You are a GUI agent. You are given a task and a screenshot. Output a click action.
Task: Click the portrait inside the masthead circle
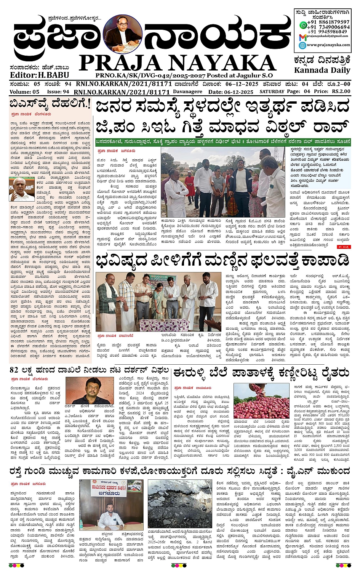tap(123, 35)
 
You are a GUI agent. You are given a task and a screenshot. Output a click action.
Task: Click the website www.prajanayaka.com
tap(328, 45)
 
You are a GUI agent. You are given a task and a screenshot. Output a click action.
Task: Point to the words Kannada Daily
tap(322, 70)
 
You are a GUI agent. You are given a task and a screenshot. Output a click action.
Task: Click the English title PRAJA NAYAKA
tap(177, 63)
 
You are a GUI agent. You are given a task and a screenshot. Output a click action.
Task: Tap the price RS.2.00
tap(341, 91)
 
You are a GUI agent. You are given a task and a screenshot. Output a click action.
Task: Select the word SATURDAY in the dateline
tap(272, 92)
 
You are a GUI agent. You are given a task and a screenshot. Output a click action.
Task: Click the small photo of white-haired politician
tap(21, 189)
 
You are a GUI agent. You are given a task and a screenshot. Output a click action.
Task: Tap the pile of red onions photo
tap(261, 401)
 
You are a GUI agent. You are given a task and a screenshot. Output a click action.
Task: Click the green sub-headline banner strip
tap(222, 141)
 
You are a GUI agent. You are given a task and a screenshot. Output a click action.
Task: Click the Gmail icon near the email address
tap(302, 37)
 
